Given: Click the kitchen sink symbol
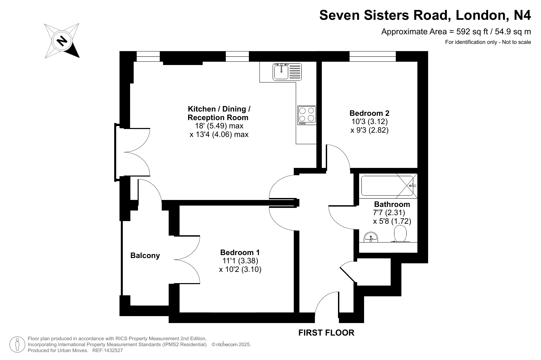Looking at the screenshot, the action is (287, 72).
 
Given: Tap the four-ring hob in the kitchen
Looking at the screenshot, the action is (307, 115).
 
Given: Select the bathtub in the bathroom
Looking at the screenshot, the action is (387, 186).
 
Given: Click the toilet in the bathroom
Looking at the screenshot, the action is (400, 234).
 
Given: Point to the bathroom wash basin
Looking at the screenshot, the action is (371, 237).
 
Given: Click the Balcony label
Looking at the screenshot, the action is (145, 255).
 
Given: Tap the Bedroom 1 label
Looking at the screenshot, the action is (240, 252).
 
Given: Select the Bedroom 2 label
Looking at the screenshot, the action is (369, 113).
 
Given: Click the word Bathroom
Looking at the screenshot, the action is (392, 204).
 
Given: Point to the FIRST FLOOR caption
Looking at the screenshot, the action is (326, 333).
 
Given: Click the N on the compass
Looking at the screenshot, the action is (62, 41).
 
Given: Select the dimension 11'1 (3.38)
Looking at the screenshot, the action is (240, 261).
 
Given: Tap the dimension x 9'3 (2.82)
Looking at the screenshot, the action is (369, 130).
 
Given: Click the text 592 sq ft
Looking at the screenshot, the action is (472, 32).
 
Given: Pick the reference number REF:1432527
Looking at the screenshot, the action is (108, 350).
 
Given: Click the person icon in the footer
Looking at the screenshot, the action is (17, 344).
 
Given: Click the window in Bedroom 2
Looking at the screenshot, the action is (373, 56).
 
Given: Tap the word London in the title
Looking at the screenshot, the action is (480, 15).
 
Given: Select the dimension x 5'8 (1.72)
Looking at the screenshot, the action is (392, 221).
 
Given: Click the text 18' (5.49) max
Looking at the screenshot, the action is (219, 126).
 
